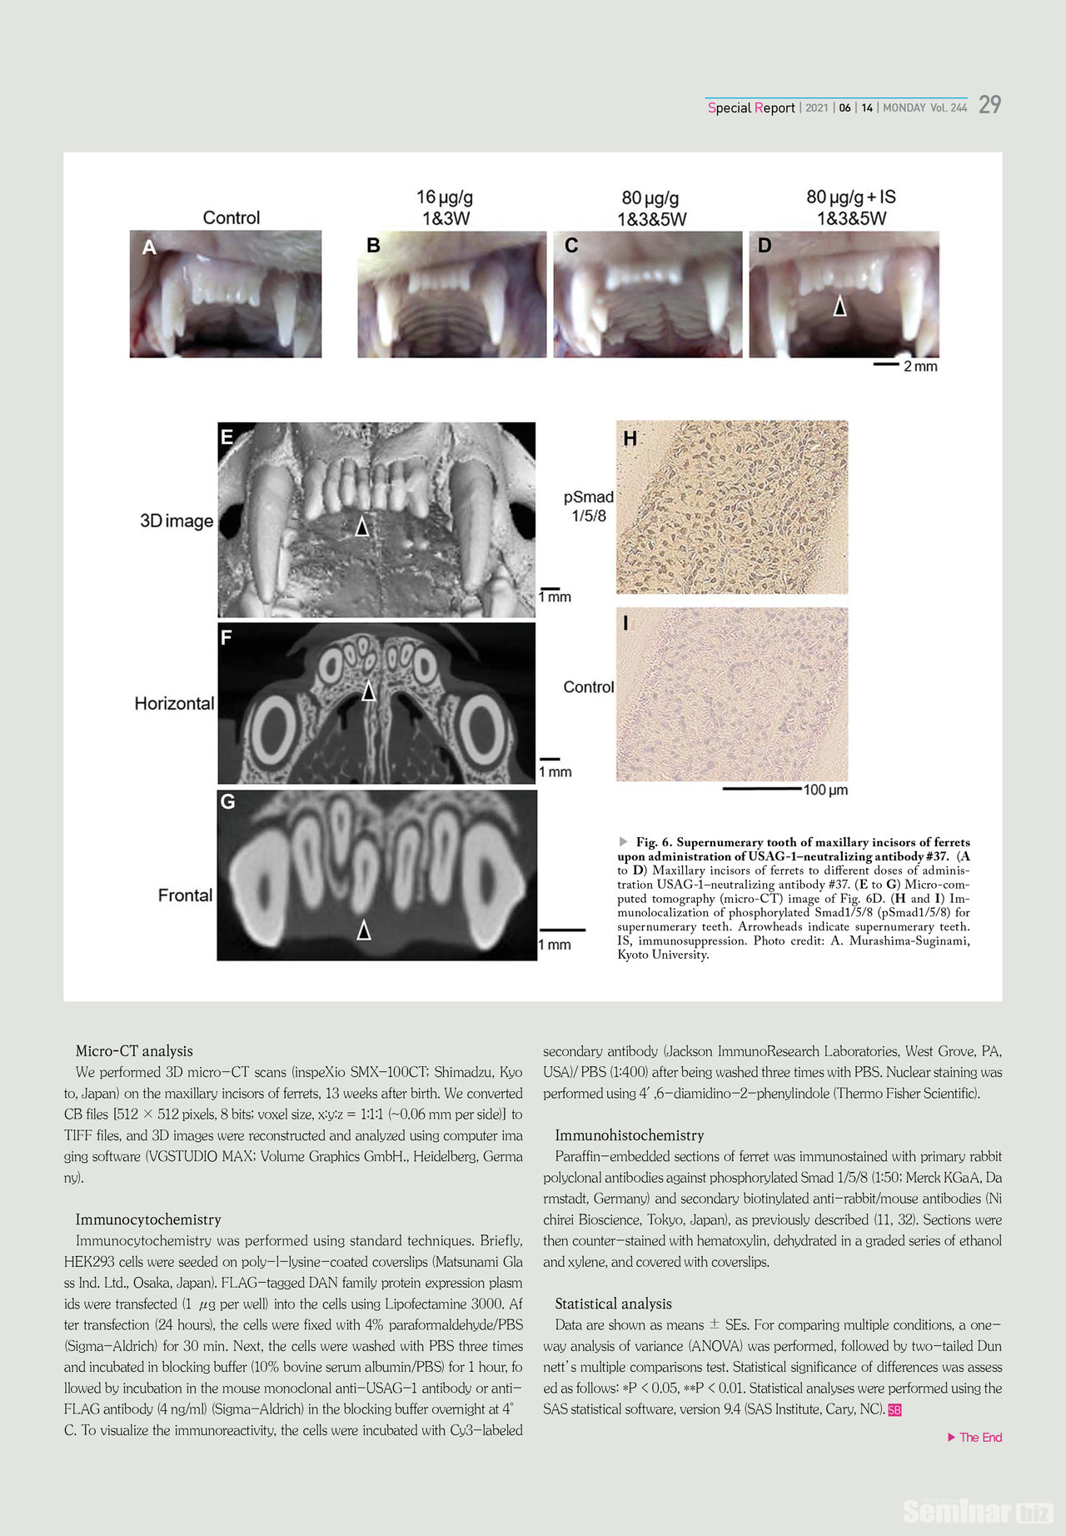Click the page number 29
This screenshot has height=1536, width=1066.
(x=989, y=105)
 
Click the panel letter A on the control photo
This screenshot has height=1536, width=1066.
(x=149, y=247)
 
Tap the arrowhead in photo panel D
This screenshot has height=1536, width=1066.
(x=840, y=307)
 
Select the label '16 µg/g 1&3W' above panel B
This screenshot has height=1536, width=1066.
(x=445, y=207)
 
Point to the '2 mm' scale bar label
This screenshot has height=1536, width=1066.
(x=920, y=367)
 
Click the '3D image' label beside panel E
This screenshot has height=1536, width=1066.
(x=177, y=521)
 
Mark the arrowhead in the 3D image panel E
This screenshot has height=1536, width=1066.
(x=361, y=526)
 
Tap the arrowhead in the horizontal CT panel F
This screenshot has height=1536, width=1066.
(x=368, y=691)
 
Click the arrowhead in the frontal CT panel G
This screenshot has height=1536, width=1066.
(x=364, y=930)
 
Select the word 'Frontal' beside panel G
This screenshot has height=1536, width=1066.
(x=185, y=895)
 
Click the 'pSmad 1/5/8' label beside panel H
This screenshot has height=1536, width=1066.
(x=589, y=506)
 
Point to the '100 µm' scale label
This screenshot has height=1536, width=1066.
(x=825, y=790)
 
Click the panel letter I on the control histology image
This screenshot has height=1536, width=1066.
(x=626, y=624)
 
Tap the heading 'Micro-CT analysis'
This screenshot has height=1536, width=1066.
(x=134, y=1051)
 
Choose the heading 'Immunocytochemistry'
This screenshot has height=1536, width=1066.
(x=148, y=1219)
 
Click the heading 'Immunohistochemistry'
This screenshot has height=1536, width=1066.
(x=629, y=1135)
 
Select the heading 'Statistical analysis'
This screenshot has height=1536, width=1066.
(x=613, y=1304)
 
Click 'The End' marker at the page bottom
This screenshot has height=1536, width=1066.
(x=979, y=1438)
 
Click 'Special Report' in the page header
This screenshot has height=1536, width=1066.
(x=751, y=107)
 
